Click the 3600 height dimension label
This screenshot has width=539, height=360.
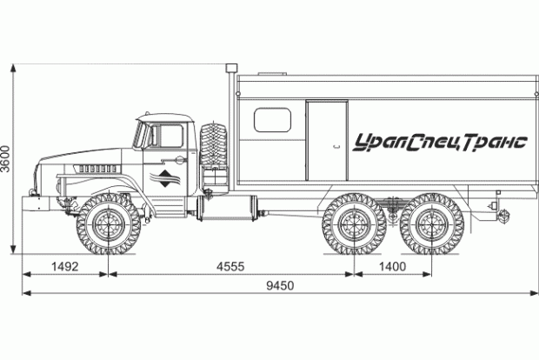tap(6, 158)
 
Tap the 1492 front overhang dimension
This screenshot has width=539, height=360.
tap(65, 266)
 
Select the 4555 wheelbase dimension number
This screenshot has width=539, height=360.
tap(230, 266)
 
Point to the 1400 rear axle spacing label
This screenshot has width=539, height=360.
tap(392, 266)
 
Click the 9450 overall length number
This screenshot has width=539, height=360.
tap(280, 285)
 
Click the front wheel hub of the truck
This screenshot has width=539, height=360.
tap(109, 224)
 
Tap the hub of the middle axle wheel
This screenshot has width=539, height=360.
tap(354, 224)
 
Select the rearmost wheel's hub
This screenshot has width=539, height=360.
tap(432, 224)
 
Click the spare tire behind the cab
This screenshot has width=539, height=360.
tap(214, 144)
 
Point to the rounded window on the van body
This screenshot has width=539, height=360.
tap(272, 120)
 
